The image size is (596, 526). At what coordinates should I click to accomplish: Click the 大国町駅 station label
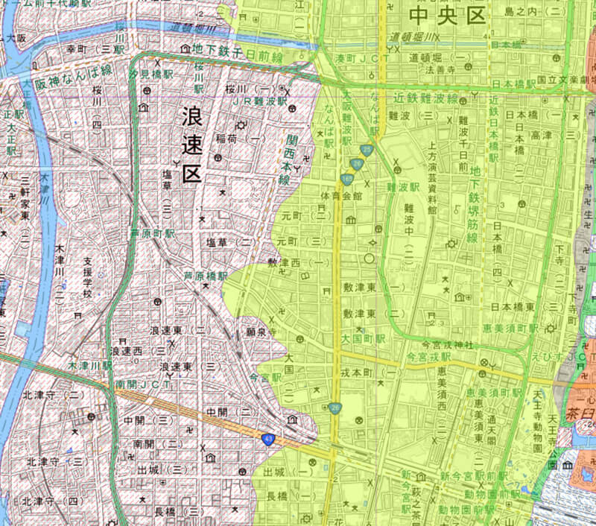[363, 338]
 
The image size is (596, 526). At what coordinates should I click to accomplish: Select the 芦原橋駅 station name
[206, 276]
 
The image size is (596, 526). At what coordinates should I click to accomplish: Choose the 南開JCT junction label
[144, 384]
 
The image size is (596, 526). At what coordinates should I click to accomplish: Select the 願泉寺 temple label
[261, 332]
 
